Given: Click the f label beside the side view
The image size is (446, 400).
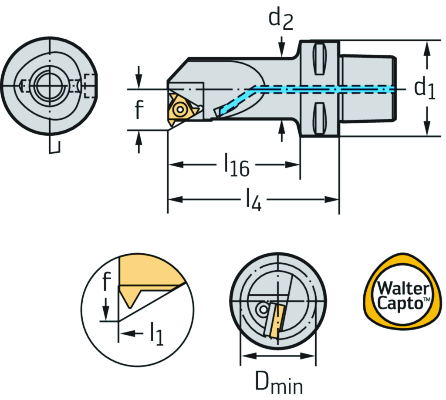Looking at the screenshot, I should tap(138, 111).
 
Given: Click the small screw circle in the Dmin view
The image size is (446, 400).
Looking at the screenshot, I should tap(262, 309).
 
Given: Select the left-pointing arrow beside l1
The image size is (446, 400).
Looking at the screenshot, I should tap(129, 334).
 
